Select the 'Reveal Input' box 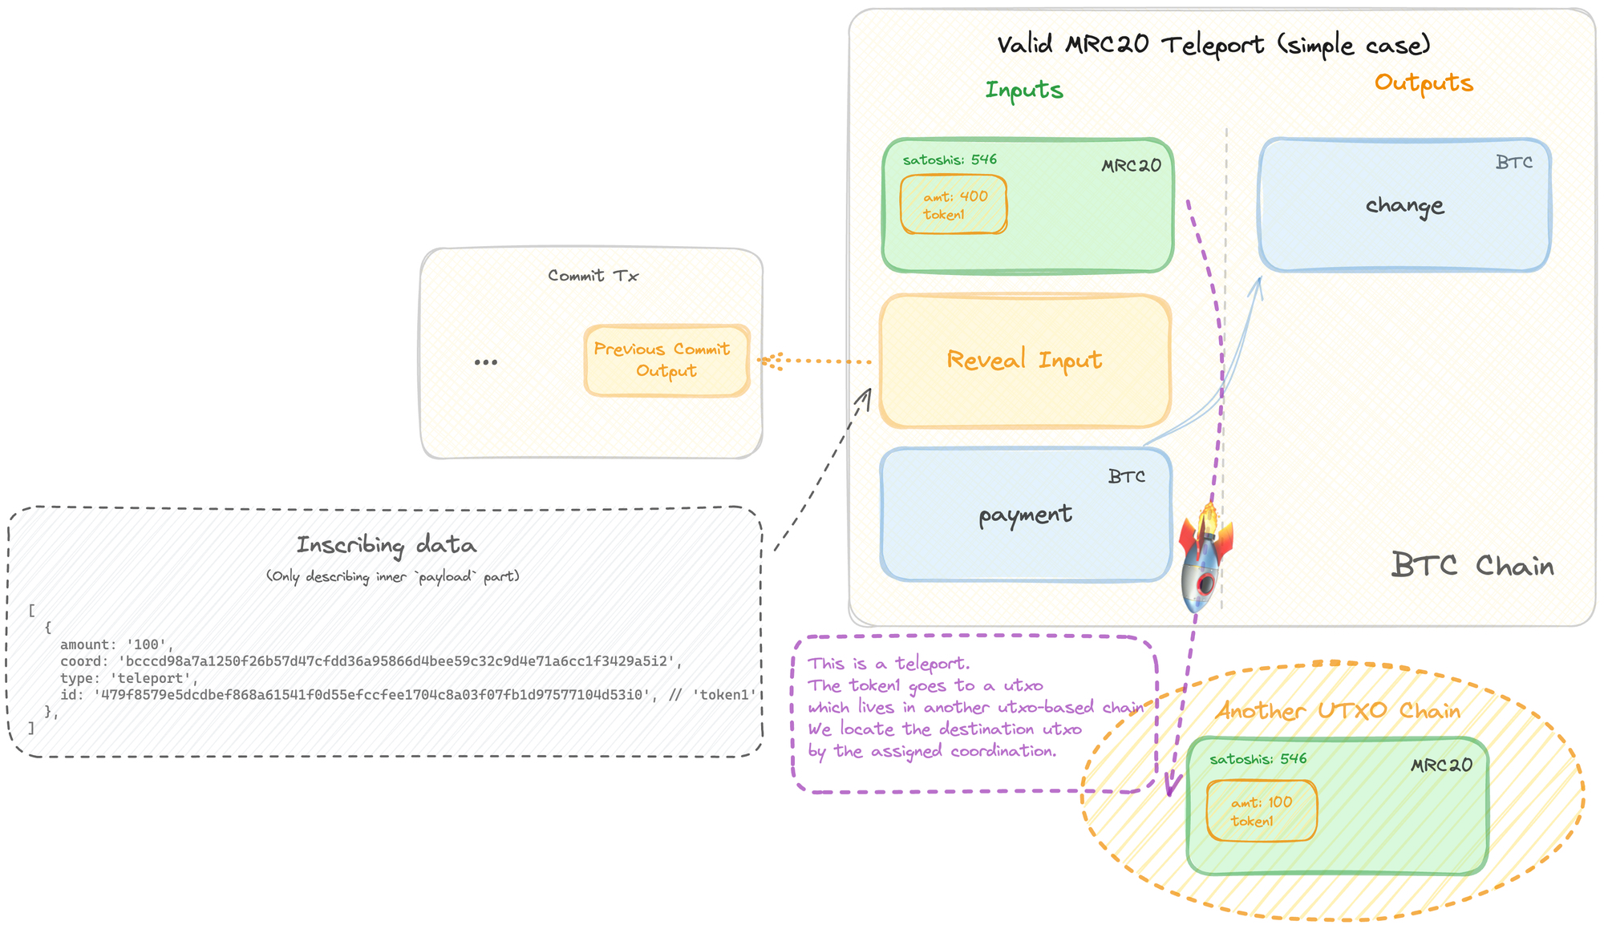click(x=1025, y=361)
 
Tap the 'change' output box click(x=1404, y=206)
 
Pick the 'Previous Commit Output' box click(x=666, y=361)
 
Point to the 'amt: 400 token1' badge click(x=954, y=205)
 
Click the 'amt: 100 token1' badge click(x=1262, y=811)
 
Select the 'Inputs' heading click(x=1024, y=90)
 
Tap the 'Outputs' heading click(x=1424, y=83)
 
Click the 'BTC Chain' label click(x=1472, y=566)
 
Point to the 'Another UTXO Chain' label click(x=1338, y=711)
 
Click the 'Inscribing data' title click(x=386, y=545)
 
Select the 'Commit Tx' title click(x=593, y=276)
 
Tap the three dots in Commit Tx click(x=485, y=362)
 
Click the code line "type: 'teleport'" click(x=129, y=678)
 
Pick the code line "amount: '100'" click(x=116, y=644)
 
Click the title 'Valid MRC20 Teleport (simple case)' click(x=1213, y=45)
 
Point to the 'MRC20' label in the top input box click(x=1131, y=166)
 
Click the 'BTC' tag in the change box click(x=1513, y=163)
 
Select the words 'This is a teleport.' click(x=889, y=664)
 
